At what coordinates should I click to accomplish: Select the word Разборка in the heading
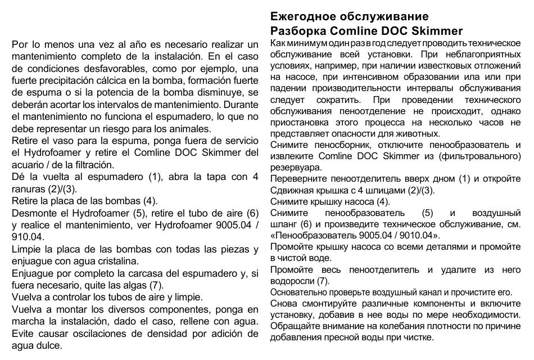(x=297, y=30)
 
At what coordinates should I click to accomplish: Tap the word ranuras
(x=28, y=188)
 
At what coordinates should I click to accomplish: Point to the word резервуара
(x=296, y=167)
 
